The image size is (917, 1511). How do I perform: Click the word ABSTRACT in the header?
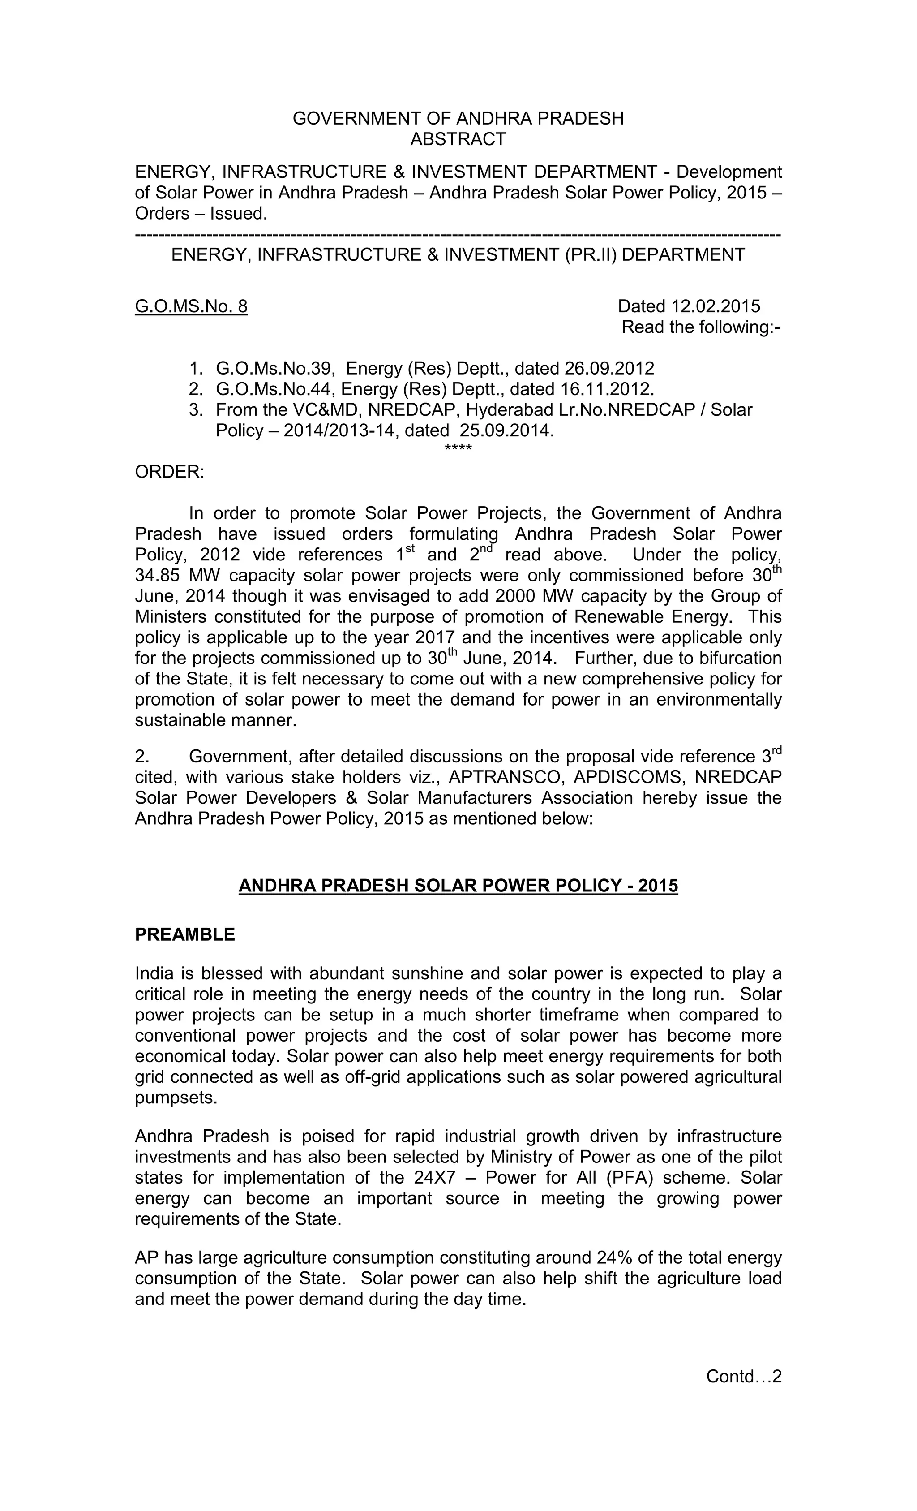[458, 139]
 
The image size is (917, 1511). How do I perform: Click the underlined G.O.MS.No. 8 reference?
[191, 306]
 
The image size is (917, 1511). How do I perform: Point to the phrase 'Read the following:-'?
[701, 327]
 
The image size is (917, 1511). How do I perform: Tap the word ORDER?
[170, 472]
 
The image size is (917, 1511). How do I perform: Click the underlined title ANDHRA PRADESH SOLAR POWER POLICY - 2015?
[458, 886]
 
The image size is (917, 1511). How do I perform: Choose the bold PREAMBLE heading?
[184, 934]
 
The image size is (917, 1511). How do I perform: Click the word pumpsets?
[176, 1098]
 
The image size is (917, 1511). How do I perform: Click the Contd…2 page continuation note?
[744, 1377]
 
